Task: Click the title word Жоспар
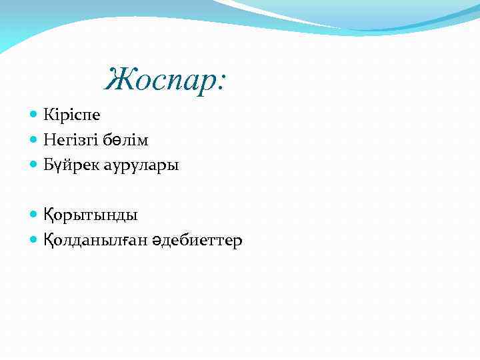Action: (164, 81)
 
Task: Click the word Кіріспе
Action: (72, 115)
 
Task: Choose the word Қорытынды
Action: (91, 215)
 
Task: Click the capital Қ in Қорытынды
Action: (49, 215)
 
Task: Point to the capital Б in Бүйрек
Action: (49, 165)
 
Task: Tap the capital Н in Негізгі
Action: (49, 140)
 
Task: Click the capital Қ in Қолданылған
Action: (49, 240)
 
